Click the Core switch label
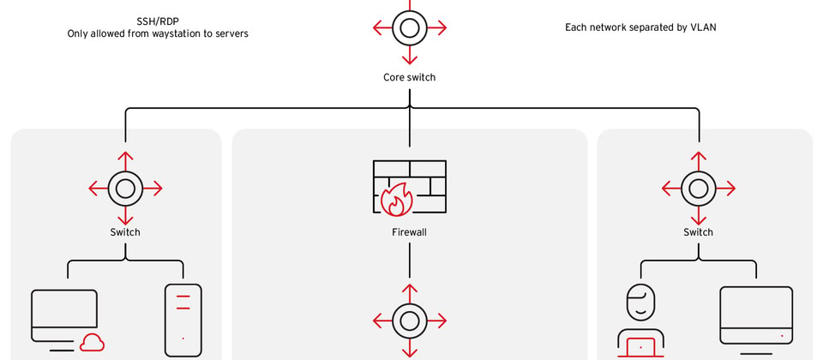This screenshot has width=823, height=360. [x=409, y=77]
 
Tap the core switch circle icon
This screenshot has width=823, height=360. [x=409, y=27]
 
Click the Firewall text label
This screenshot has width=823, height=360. [x=409, y=232]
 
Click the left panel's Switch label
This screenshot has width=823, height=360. [x=125, y=232]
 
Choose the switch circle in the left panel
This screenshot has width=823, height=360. [x=125, y=188]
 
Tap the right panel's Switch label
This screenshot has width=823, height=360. [x=698, y=232]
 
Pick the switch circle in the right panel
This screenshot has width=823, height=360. [x=698, y=188]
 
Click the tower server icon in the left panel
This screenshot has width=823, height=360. [x=183, y=319]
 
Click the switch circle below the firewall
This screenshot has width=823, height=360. [x=409, y=320]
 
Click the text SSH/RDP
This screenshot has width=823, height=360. [x=158, y=21]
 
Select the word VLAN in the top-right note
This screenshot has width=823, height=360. [x=702, y=27]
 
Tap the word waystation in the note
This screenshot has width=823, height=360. [x=171, y=34]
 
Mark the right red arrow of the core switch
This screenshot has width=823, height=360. [x=438, y=27]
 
